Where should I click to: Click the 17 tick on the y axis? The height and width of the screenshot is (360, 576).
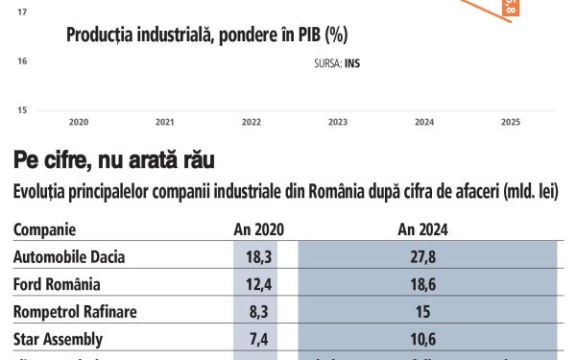[x=21, y=12]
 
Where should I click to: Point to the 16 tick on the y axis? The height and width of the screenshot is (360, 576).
[x=21, y=61]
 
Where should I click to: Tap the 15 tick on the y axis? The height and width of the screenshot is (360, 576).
[x=21, y=110]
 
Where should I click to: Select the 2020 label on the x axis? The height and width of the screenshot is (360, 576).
[x=79, y=123]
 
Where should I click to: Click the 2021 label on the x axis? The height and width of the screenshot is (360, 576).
[x=165, y=123]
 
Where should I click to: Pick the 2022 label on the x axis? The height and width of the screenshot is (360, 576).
[x=252, y=123]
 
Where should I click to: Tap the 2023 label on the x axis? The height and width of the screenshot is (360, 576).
[x=338, y=123]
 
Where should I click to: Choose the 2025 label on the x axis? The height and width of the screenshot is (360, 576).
[x=511, y=123]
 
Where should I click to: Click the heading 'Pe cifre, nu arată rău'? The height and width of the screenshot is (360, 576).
[x=113, y=158]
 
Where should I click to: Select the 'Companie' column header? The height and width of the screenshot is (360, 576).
[x=45, y=230]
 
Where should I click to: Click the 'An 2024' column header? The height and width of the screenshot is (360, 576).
[x=422, y=230]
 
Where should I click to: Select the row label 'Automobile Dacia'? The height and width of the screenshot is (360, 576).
[x=69, y=257]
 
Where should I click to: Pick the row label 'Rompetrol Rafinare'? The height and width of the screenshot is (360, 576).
[x=75, y=312]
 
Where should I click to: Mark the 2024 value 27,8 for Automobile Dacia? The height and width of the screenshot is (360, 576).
[x=423, y=257]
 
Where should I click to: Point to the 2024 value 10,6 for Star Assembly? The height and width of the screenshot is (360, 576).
[x=423, y=340]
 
